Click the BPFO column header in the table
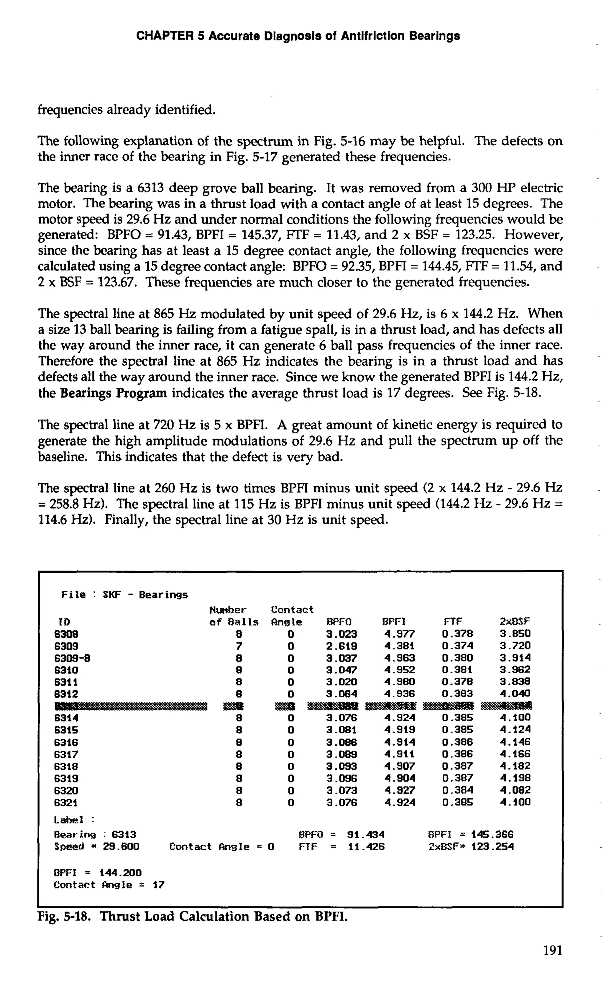[339, 622]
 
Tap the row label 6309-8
[72, 658]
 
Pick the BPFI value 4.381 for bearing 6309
[399, 646]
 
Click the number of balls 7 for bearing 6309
[239, 646]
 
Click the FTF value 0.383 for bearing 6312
[457, 694]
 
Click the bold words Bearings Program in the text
[114, 393]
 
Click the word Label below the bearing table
[69, 820]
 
